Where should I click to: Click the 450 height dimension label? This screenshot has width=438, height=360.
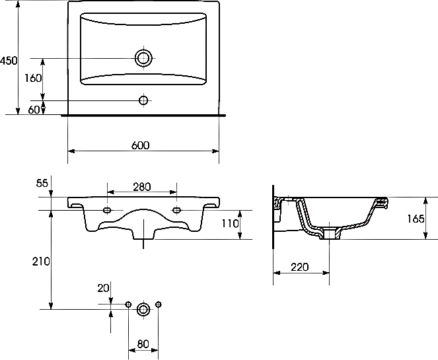pyautogui.click(x=9, y=61)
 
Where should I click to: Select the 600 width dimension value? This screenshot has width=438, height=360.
pyautogui.click(x=141, y=145)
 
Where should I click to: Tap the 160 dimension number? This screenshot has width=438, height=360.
pyautogui.click(x=33, y=78)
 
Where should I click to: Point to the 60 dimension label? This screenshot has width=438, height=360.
pyautogui.click(x=34, y=110)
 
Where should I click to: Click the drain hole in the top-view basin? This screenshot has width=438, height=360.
pyautogui.click(x=144, y=58)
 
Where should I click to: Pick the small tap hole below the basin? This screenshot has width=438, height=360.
pyautogui.click(x=143, y=100)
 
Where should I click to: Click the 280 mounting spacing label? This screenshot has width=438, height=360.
pyautogui.click(x=141, y=187)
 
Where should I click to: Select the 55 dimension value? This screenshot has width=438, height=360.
pyautogui.click(x=42, y=183)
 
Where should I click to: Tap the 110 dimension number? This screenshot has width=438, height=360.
pyautogui.click(x=230, y=223)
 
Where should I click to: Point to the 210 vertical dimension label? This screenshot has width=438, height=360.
pyautogui.click(x=41, y=262)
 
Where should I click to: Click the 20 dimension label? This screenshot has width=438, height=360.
pyautogui.click(x=103, y=288)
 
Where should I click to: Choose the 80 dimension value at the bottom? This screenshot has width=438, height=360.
pyautogui.click(x=143, y=343)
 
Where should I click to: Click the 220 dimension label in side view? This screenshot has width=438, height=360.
pyautogui.click(x=300, y=268)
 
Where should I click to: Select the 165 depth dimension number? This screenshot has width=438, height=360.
pyautogui.click(x=416, y=219)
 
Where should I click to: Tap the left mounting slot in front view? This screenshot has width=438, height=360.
pyautogui.click(x=108, y=210)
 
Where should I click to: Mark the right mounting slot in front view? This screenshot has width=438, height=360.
pyautogui.click(x=177, y=210)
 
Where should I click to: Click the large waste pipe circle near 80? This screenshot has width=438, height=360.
pyautogui.click(x=143, y=309)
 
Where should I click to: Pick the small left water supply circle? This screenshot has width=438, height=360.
pyautogui.click(x=129, y=304)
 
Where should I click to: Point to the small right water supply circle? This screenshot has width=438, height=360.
pyautogui.click(x=159, y=304)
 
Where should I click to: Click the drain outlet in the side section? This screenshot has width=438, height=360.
pyautogui.click(x=330, y=233)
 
